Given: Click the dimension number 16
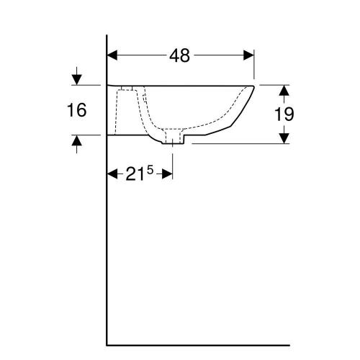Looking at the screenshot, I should click(76, 110).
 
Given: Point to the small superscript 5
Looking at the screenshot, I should click(150, 169).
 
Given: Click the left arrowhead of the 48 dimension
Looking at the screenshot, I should click(112, 55).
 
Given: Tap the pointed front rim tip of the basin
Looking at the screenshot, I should click(255, 86).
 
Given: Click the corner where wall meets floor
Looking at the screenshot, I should click(107, 344).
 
